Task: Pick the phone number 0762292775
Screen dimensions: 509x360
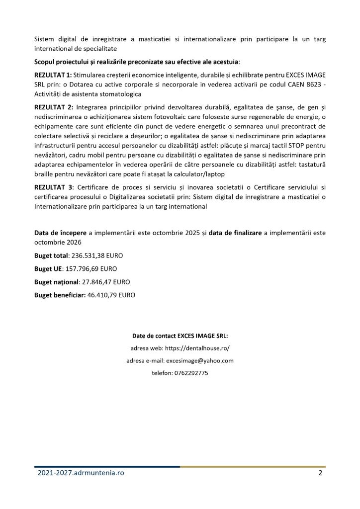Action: click(x=190, y=373)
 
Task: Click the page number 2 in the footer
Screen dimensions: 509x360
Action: click(x=320, y=473)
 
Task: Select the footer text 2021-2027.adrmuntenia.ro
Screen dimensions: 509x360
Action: click(x=81, y=473)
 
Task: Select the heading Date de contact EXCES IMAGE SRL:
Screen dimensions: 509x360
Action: click(x=180, y=336)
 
